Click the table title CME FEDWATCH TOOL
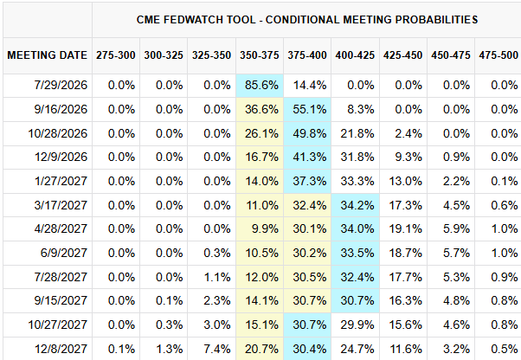click(x=196, y=20)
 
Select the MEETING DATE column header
click(x=48, y=55)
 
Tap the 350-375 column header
click(x=260, y=55)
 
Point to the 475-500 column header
click(x=498, y=55)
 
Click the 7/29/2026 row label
click(x=61, y=86)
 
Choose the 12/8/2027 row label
click(x=61, y=349)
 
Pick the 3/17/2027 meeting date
click(x=61, y=205)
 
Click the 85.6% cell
click(x=261, y=86)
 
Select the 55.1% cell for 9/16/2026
click(x=309, y=109)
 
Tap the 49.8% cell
click(x=309, y=133)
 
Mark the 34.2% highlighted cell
click(x=357, y=205)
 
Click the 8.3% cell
click(x=361, y=109)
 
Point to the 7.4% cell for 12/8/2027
click(x=217, y=349)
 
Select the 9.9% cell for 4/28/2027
click(x=265, y=228)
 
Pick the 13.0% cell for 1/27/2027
click(x=405, y=182)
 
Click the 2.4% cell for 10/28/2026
click(x=408, y=133)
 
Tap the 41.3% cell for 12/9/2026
click(x=309, y=157)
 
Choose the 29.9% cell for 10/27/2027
click(x=357, y=325)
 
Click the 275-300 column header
click(x=116, y=55)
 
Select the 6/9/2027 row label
click(x=64, y=253)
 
